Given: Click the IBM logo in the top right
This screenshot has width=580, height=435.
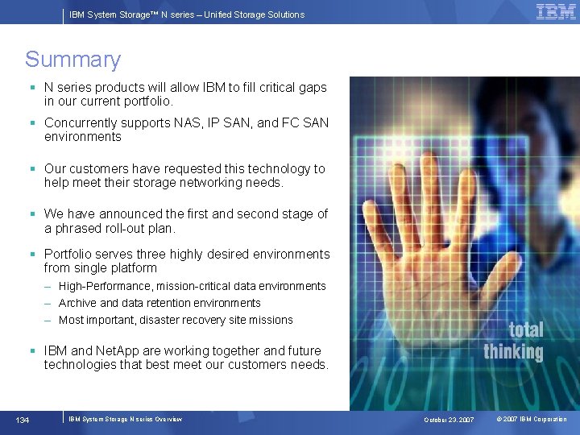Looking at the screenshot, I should click(556, 11).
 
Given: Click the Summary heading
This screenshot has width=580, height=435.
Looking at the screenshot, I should click(72, 60).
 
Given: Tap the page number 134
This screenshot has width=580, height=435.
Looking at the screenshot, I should click(23, 419).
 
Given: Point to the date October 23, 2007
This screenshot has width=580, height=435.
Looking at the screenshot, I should click(449, 420).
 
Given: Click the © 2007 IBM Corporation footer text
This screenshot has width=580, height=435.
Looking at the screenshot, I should click(532, 420).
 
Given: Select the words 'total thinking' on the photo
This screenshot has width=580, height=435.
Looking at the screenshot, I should click(513, 341).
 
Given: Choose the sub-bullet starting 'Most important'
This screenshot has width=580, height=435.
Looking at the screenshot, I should click(176, 320).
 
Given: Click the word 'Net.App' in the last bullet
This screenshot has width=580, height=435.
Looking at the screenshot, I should click(118, 350).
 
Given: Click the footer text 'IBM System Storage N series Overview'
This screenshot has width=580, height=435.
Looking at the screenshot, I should click(125, 419).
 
